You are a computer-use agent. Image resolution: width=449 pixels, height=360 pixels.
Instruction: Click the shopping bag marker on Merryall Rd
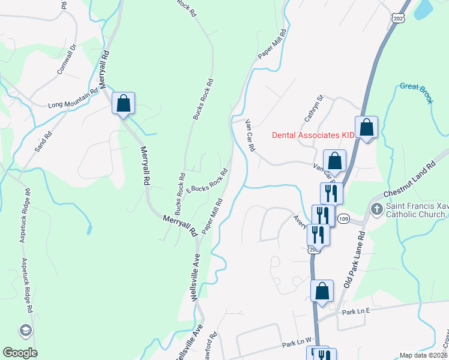coord(123,103)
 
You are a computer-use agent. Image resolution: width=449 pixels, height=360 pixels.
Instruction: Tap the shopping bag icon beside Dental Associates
coord(366,127)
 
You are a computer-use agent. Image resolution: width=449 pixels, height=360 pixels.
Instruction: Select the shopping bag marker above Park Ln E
coord(322,291)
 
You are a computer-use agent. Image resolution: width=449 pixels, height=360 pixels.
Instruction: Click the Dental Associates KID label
coord(313,135)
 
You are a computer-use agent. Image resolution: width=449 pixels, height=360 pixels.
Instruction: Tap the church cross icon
coord(376,209)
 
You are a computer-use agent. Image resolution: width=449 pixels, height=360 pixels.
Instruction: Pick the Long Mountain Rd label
coord(73,100)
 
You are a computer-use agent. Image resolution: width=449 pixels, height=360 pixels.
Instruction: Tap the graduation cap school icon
coord(26,330)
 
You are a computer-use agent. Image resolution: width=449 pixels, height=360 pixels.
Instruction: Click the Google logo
coord(19,353)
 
